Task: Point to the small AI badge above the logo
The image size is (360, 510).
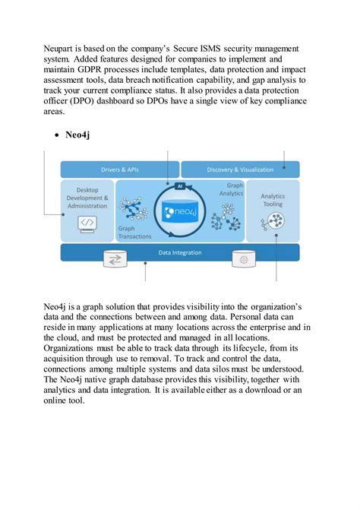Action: [x=180, y=185]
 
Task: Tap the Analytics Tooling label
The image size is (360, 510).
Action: [x=273, y=200]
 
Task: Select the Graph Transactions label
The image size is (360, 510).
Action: [x=136, y=231]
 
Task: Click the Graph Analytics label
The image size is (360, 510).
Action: [x=234, y=189]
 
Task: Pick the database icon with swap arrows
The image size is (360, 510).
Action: [x=117, y=261]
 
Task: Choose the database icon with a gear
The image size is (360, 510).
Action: [x=244, y=261]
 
